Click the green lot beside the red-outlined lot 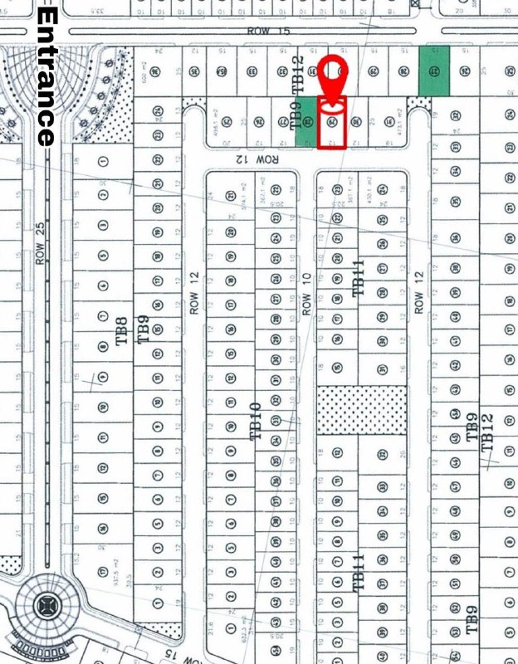click(306, 122)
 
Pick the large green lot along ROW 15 click(434, 70)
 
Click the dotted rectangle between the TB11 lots click(363, 409)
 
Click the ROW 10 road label click(305, 294)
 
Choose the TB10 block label click(256, 421)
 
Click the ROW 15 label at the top click(259, 31)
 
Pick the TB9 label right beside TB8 click(143, 330)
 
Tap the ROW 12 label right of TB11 click(419, 291)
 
